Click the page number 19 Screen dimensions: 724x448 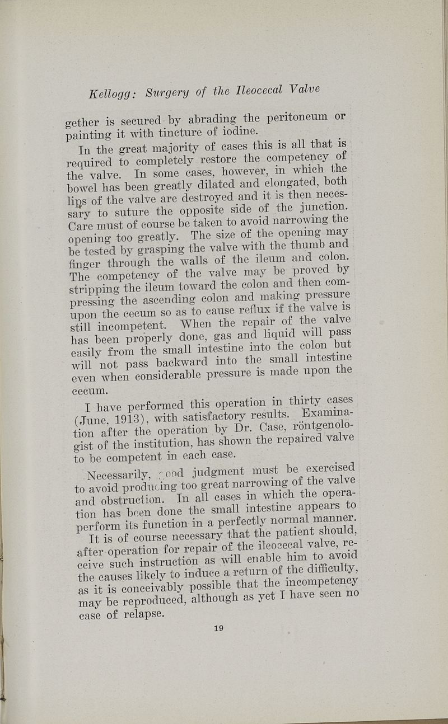pyautogui.click(x=218, y=628)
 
